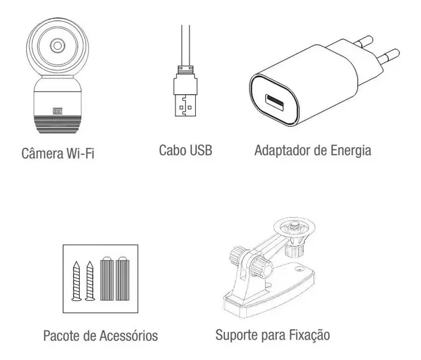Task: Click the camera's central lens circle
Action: tap(57, 45)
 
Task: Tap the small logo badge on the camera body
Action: tap(57, 111)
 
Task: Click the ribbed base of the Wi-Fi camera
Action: tap(57, 124)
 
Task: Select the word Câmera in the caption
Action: tap(42, 153)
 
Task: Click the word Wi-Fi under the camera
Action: tap(80, 154)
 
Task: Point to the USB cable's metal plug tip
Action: tap(185, 105)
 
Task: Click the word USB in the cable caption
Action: tap(201, 150)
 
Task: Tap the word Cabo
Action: tap(172, 150)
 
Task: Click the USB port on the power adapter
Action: tap(274, 103)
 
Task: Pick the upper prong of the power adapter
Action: tap(364, 41)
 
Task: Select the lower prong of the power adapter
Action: tap(388, 56)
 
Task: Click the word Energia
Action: tap(351, 151)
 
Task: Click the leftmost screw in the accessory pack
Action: tap(77, 281)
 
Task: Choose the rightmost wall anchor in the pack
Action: tap(122, 278)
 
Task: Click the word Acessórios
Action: tap(129, 336)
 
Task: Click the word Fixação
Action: tap(309, 335)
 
